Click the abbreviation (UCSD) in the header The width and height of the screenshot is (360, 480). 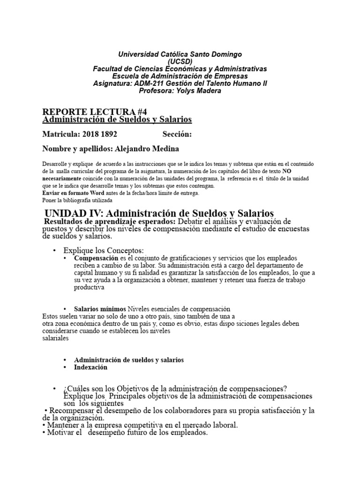[x=180, y=62]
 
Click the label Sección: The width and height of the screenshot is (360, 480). [x=178, y=135]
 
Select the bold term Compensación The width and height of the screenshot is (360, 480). [x=96, y=258]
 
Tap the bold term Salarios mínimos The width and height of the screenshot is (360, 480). [x=100, y=309]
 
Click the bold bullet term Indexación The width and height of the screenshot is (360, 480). [x=90, y=367]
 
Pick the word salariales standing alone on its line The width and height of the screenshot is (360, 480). [x=55, y=338]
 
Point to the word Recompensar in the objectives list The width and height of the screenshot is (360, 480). [x=72, y=411]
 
